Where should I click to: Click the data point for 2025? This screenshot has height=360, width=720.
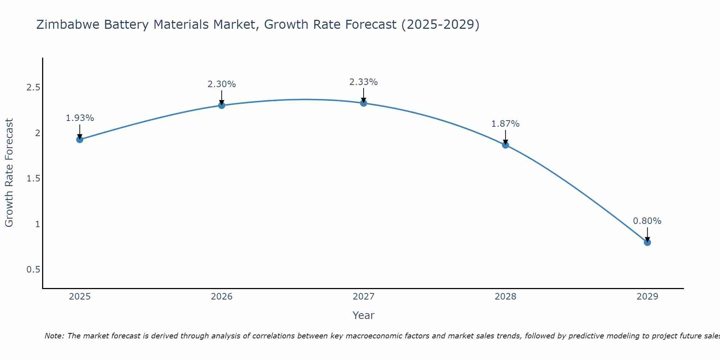point(80,140)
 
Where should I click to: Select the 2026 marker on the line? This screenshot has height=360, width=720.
point(222,105)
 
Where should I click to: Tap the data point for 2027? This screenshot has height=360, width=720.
point(364,103)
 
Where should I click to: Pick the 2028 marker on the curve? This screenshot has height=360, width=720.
point(505,145)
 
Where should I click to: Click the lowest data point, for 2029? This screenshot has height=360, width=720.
point(647,243)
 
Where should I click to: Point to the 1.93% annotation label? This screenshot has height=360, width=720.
point(80,118)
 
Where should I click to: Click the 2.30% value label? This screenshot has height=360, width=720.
point(222,84)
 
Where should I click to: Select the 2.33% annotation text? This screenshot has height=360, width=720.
point(364,82)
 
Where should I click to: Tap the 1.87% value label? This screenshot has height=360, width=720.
point(505,124)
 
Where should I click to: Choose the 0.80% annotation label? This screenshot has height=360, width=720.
point(647,221)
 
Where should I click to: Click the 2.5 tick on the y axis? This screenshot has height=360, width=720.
point(33,88)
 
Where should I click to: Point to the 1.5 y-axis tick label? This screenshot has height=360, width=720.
point(33,179)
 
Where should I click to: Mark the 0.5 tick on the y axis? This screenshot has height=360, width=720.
point(33,270)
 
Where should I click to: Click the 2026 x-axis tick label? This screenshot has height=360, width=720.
point(222,297)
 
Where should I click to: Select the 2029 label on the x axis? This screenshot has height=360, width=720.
point(647,297)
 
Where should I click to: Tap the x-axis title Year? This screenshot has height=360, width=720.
point(364,315)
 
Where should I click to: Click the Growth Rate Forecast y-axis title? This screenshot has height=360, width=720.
point(9,173)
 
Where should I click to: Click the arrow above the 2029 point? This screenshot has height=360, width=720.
point(647,234)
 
